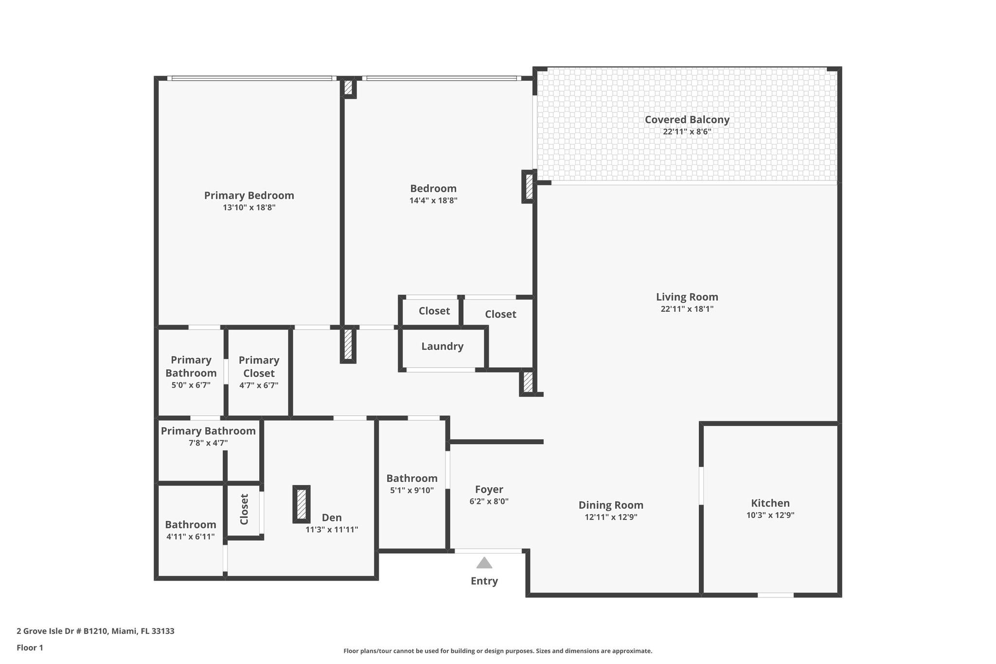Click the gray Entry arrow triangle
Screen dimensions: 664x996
[x=484, y=563]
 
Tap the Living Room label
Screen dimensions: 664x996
[x=687, y=297]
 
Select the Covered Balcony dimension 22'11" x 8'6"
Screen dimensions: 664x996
[x=687, y=132]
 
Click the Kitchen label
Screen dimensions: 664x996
[x=770, y=503]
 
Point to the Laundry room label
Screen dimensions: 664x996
[x=442, y=346]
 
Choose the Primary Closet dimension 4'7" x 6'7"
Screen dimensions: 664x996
[x=259, y=386]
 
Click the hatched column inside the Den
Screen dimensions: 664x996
[x=302, y=504]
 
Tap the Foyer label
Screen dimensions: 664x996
[x=489, y=489]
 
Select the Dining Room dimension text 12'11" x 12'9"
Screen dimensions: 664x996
[x=611, y=517]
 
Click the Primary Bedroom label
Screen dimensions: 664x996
[x=249, y=196]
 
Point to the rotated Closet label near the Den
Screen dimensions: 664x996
[x=244, y=509]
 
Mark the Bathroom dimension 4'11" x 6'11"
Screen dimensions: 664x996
[x=190, y=537]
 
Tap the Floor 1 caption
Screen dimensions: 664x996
[x=30, y=648]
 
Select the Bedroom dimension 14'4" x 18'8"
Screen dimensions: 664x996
[x=433, y=200]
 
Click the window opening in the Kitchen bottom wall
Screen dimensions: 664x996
[x=775, y=595]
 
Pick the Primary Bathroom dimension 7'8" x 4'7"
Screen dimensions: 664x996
[x=208, y=443]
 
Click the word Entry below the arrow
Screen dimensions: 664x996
[x=484, y=581]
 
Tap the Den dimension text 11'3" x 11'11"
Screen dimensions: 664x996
[x=332, y=530]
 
